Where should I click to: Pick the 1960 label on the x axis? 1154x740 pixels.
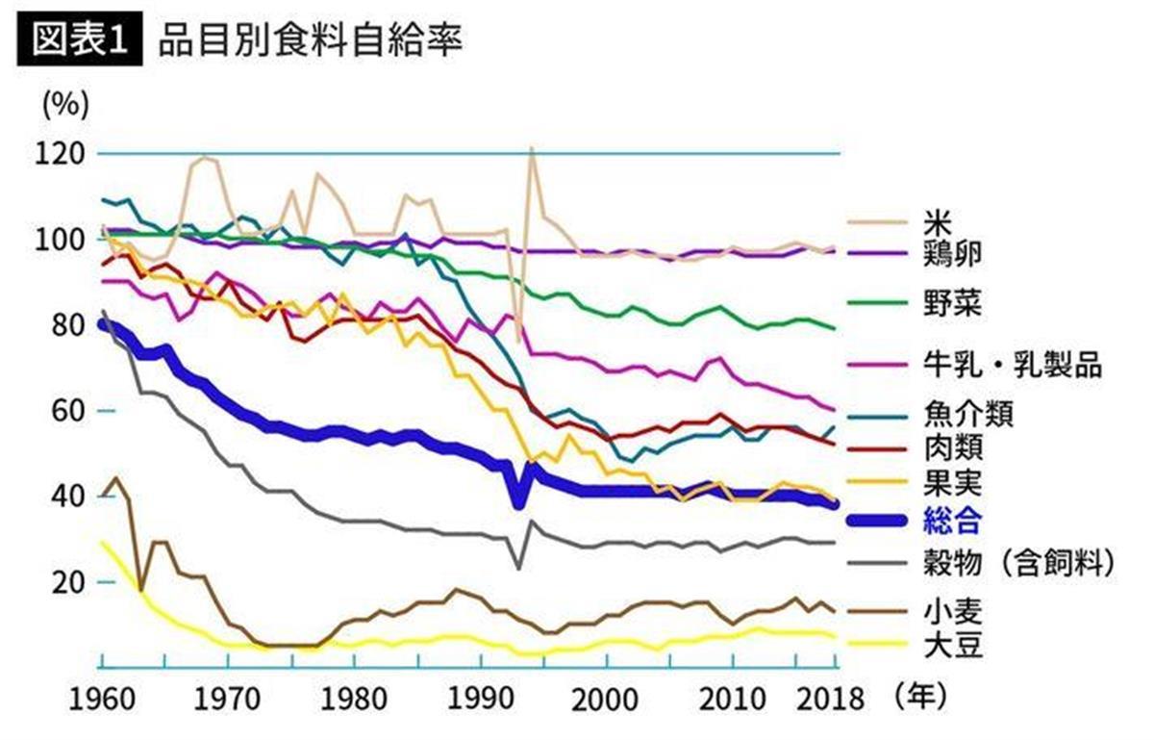coord(101,696)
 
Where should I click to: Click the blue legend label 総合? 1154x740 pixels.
coord(952,521)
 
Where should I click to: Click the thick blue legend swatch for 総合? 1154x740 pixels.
coord(877,521)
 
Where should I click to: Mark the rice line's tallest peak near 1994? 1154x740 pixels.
coord(531,149)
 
